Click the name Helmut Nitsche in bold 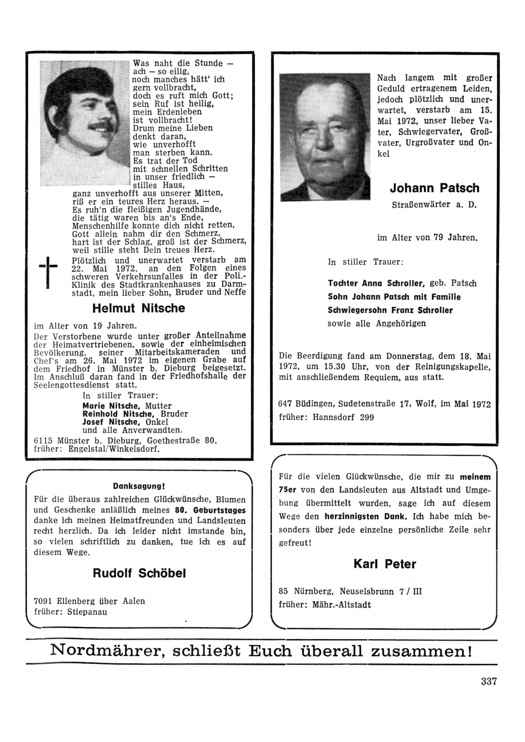(139, 308)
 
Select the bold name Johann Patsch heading (435, 188)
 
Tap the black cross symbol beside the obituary (48, 270)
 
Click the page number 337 (488, 682)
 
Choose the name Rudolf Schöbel (139, 573)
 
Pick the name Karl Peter (385, 565)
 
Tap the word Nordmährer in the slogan (105, 651)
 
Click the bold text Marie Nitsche (111, 406)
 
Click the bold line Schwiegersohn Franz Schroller (390, 310)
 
